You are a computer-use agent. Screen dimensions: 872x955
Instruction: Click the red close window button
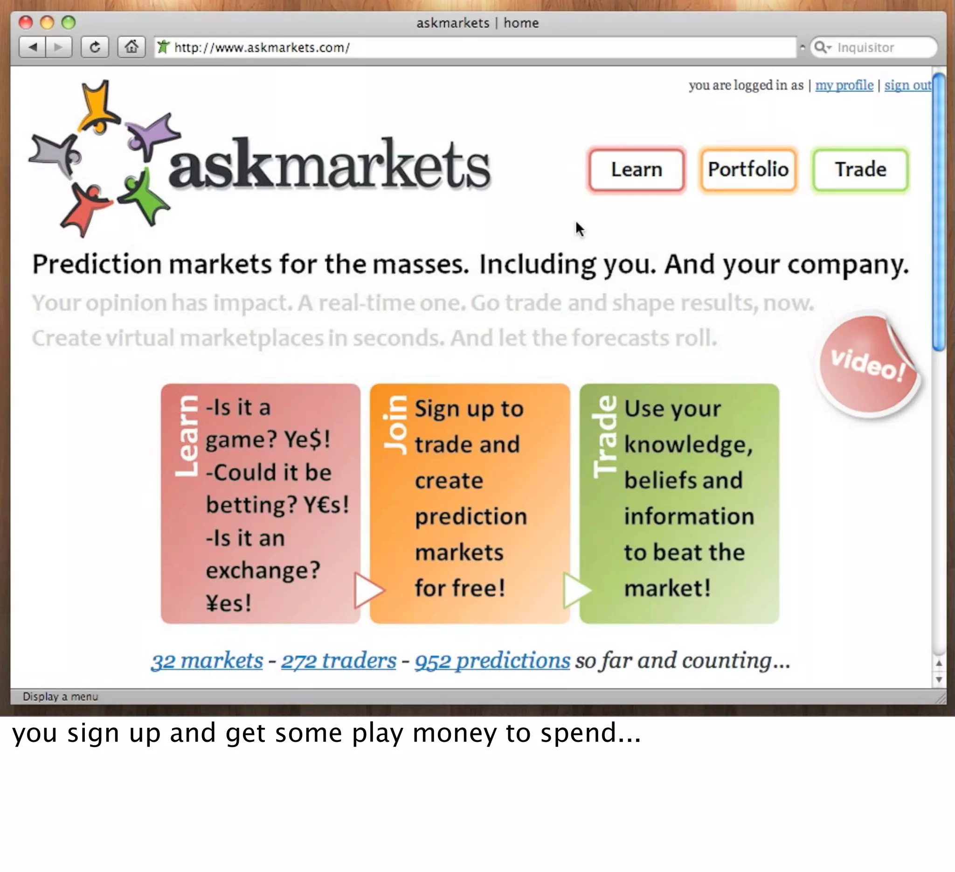[26, 22]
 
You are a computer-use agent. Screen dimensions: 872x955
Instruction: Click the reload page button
[95, 48]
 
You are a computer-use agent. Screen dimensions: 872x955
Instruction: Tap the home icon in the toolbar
[131, 48]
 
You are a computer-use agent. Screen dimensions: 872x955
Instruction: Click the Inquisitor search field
[876, 48]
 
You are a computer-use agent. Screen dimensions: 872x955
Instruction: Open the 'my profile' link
[844, 85]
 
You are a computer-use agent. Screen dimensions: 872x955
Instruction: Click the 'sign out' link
[907, 85]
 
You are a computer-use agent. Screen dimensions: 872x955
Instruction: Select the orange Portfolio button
[748, 170]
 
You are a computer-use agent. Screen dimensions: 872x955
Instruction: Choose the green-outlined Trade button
[860, 170]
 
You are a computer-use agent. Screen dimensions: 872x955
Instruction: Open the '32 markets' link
[207, 661]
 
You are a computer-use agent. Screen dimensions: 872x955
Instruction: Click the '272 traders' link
[339, 661]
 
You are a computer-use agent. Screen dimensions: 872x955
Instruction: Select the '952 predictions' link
[492, 661]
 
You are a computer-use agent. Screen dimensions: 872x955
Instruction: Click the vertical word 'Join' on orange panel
[395, 425]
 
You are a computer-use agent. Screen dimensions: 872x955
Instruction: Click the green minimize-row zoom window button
[69, 22]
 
